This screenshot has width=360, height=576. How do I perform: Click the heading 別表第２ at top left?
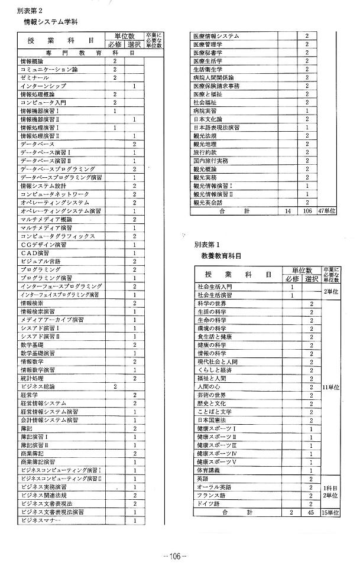click(x=28, y=11)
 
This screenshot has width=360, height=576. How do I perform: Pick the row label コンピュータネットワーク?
click(x=54, y=194)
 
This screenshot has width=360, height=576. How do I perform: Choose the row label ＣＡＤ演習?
click(x=37, y=253)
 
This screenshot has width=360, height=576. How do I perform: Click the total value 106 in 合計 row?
click(x=307, y=210)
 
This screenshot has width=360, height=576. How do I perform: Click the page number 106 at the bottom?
click(x=175, y=556)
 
